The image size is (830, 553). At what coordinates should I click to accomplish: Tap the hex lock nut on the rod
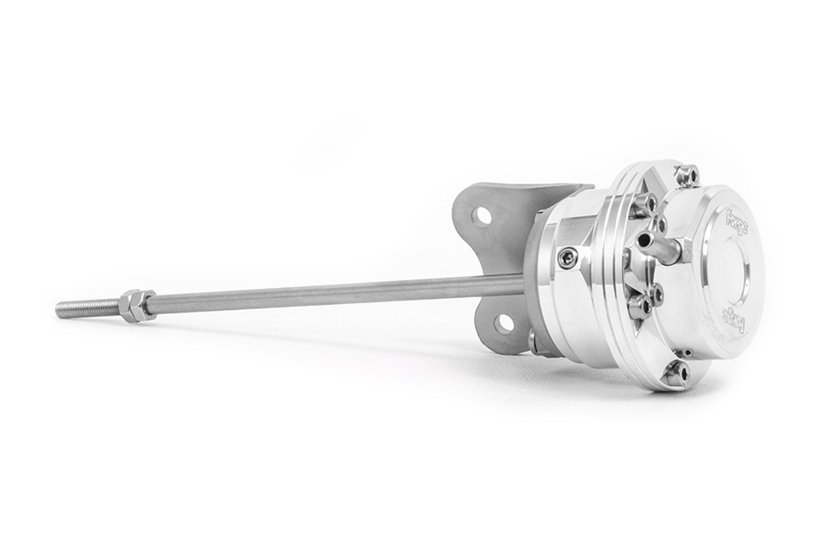point(136,305)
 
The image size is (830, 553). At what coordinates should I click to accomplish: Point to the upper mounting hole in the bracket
point(482,216)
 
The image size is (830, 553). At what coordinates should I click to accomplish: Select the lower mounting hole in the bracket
point(505,323)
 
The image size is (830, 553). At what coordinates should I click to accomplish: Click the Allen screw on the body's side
point(567,257)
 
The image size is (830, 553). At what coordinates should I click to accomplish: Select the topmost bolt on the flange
point(688,175)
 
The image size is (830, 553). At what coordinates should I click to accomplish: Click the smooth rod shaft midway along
point(339,293)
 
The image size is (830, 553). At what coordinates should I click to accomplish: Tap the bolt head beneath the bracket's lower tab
point(534,342)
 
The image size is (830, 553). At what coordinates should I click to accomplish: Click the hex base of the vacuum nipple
point(678,251)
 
